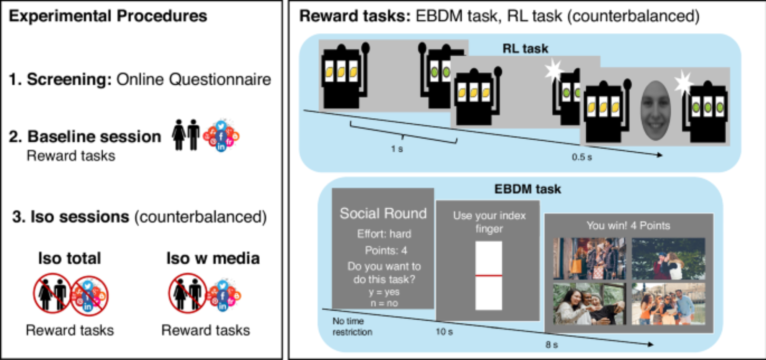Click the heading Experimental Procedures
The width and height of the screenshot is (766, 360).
[x=108, y=16]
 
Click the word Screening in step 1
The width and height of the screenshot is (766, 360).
[x=69, y=79]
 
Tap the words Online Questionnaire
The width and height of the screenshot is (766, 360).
[x=193, y=79]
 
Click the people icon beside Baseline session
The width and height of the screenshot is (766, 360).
[x=186, y=135]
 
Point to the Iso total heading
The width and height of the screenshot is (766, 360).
[x=69, y=258]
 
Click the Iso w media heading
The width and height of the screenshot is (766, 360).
[x=213, y=258]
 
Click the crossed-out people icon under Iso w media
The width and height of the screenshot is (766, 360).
[x=187, y=293]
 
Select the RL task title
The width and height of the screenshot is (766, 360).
[x=525, y=49]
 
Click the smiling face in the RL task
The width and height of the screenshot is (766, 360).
[x=655, y=110]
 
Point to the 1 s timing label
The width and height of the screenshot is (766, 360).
[x=397, y=149]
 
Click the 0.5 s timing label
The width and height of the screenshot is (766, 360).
[x=581, y=157]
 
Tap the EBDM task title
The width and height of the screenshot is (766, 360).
[x=527, y=189]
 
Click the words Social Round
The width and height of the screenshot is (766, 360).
[x=383, y=213]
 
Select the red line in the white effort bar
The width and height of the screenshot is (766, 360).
[x=488, y=275]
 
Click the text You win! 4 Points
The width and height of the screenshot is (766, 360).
[x=628, y=226]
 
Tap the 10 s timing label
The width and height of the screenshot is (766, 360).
[x=444, y=332]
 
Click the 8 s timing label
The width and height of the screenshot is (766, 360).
[x=552, y=345]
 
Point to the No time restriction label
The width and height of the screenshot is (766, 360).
[x=352, y=326]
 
